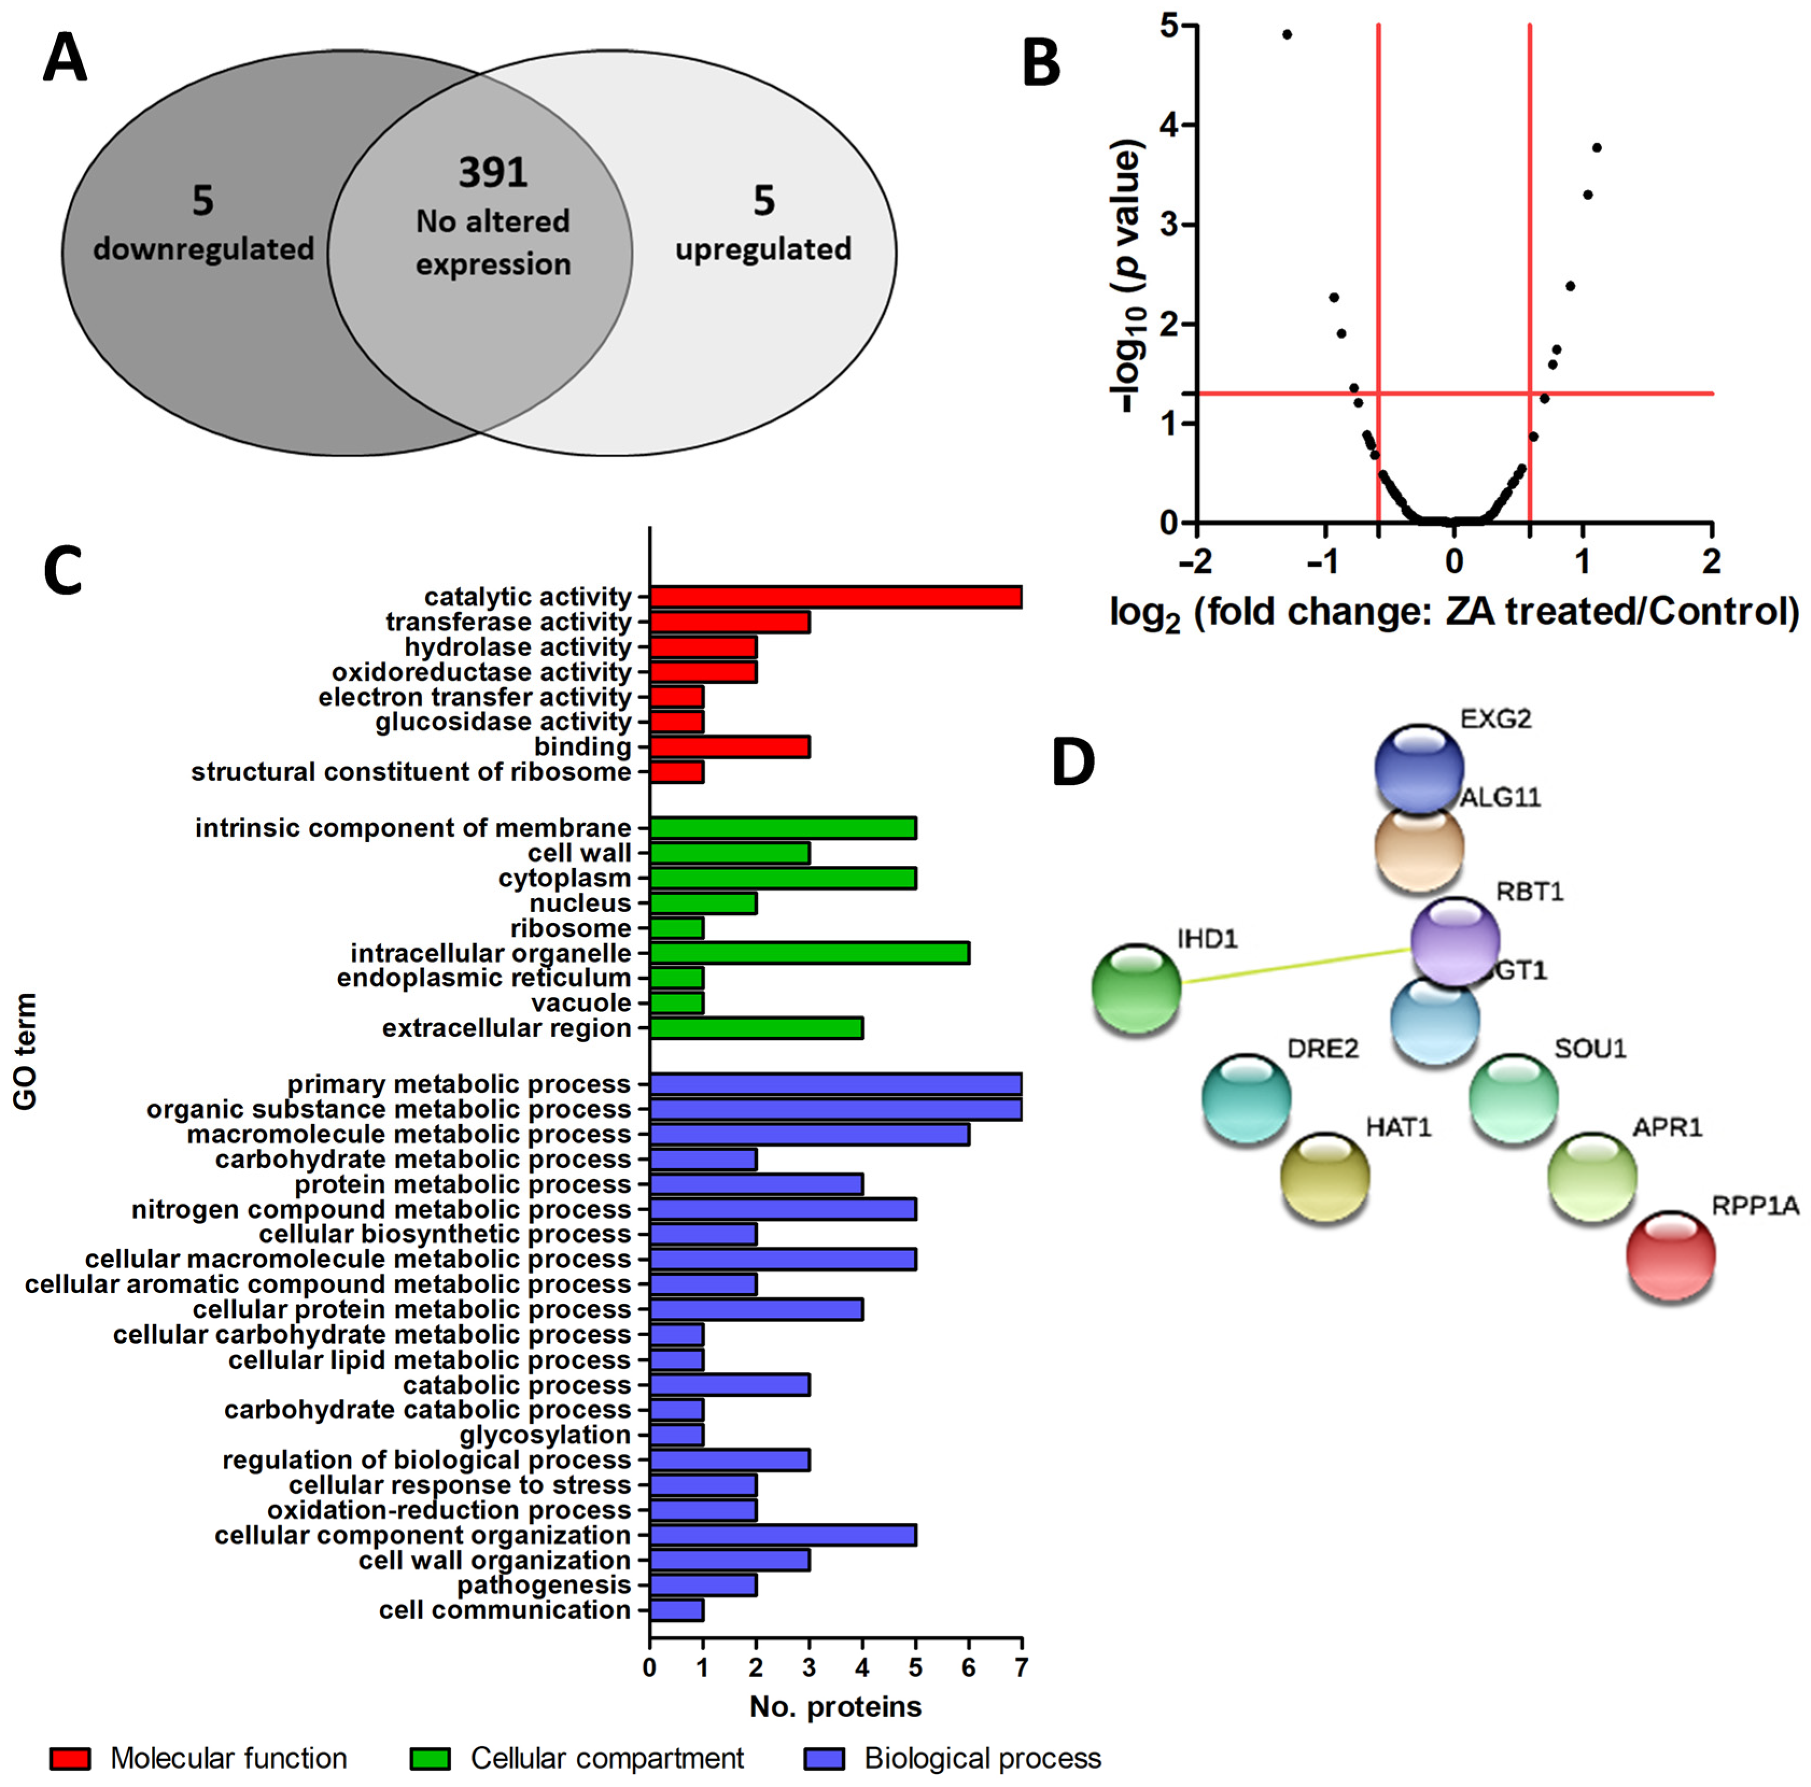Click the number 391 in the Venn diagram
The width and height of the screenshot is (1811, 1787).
493,172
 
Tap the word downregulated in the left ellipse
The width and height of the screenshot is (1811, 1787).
203,249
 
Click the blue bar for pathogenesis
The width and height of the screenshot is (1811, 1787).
703,1585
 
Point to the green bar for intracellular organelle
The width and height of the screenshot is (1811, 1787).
809,953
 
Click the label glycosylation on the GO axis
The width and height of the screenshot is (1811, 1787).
545,1435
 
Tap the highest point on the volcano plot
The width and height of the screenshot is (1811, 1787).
1287,34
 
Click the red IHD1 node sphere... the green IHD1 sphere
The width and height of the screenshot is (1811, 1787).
1136,988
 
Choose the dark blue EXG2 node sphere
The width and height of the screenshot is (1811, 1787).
1419,767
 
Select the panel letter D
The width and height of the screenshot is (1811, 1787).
1073,762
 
